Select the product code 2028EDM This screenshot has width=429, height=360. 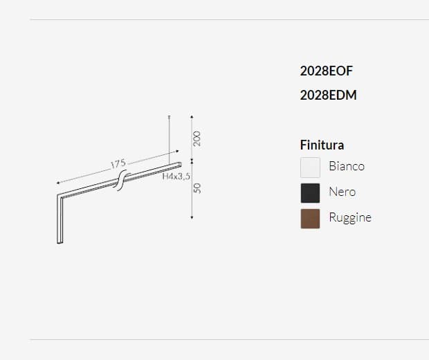tap(328, 96)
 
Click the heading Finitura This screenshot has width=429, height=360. tap(322, 145)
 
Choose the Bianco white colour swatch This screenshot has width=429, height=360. tap(310, 167)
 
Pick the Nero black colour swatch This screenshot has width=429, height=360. tap(310, 192)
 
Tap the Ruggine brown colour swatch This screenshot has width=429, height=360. tap(310, 218)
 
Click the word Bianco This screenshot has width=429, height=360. tap(346, 166)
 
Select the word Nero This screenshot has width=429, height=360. tap(342, 192)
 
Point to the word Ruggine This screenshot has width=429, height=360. tap(349, 217)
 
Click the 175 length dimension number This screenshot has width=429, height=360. tap(118, 164)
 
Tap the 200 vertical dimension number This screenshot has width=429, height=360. tap(197, 138)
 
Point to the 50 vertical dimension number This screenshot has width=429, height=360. tap(197, 188)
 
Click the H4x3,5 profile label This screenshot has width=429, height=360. tap(176, 177)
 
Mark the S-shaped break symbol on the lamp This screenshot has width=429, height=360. tap(119, 182)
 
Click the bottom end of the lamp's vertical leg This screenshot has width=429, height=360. tap(58, 242)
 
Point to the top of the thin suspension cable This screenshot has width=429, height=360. tap(170, 116)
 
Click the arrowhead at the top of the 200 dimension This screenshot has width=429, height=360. tap(191, 116)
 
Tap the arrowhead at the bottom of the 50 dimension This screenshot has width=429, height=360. tap(191, 217)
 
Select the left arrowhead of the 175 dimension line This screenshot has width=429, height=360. tap(57, 183)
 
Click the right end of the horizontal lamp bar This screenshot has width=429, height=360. tap(181, 164)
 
